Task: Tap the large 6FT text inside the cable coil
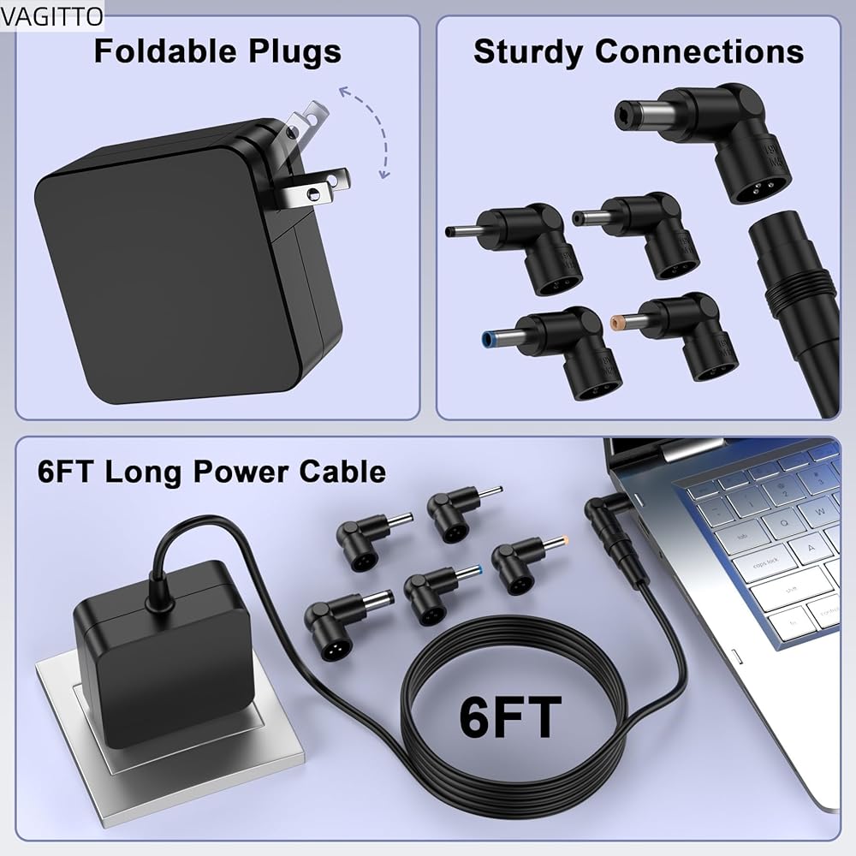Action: coord(510,716)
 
